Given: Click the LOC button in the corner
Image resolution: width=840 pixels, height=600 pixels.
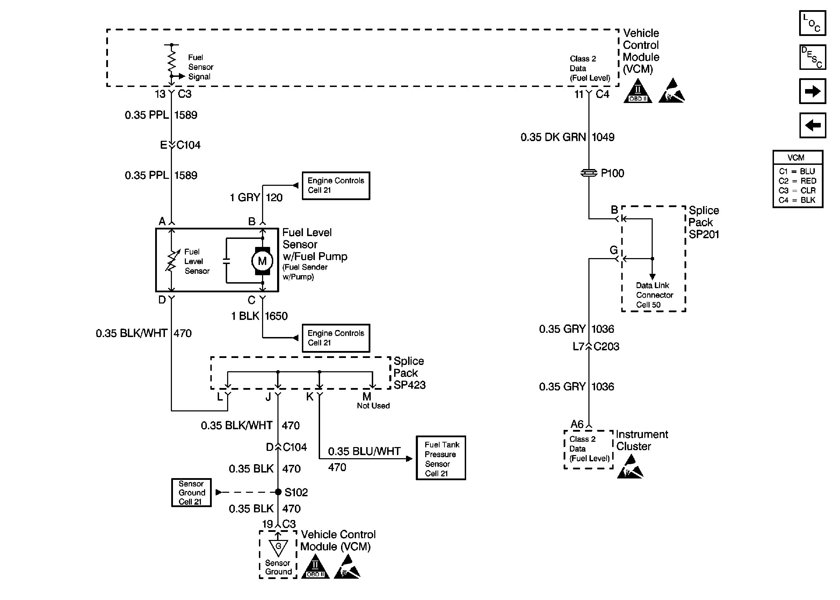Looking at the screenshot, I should tap(812, 23).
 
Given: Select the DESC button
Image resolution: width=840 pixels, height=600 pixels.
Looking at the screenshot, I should tap(812, 57).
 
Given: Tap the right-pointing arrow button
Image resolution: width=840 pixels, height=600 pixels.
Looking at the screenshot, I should tap(812, 91).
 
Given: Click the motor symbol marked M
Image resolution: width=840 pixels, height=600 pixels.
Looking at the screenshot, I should tap(262, 261).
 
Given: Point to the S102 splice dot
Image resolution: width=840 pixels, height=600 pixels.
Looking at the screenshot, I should tap(278, 492).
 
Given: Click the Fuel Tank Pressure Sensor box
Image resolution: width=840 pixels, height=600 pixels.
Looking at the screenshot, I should tap(441, 458).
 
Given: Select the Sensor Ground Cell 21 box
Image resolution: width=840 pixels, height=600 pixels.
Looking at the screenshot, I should tap(191, 492).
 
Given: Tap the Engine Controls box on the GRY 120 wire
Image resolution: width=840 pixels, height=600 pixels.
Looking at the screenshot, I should tap(335, 185).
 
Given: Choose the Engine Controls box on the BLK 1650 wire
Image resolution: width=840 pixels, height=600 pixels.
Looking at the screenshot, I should tap(335, 338).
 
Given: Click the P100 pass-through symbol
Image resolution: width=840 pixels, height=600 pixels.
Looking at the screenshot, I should tap(589, 173).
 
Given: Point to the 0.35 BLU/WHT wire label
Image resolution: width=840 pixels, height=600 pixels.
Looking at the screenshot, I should tap(364, 452).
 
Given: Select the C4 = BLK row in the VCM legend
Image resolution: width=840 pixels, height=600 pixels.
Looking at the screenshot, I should tap(797, 200).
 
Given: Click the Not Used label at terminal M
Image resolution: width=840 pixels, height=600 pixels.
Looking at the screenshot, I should tap(373, 406).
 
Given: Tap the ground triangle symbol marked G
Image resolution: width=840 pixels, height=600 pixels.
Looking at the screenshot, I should tap(278, 547).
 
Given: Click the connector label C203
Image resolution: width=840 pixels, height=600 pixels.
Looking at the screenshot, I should tap(607, 346).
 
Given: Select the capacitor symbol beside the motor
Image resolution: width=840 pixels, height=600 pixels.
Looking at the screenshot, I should tap(226, 261).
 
